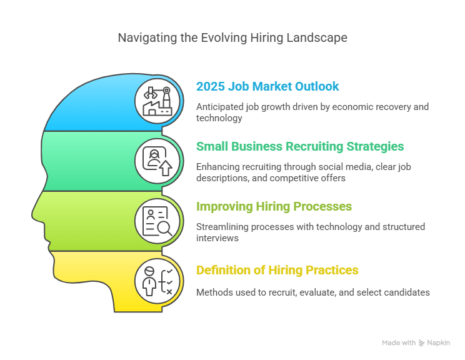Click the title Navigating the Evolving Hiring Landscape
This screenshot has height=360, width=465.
(232, 38)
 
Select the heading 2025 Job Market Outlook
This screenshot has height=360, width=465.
(267, 86)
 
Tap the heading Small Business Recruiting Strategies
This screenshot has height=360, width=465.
(300, 146)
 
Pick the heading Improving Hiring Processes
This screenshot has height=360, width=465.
(274, 206)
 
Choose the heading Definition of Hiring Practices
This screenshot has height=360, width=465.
(277, 270)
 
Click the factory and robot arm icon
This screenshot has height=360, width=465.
(157, 101)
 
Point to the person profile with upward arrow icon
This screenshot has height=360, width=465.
(157, 161)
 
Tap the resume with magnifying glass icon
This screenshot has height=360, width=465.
(157, 221)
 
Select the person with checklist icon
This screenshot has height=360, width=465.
(157, 281)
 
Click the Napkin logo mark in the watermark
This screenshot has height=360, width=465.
(421, 343)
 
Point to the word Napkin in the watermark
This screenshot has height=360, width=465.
(438, 342)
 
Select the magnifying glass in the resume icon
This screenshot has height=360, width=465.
(164, 229)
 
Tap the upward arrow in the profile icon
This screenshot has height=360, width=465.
(166, 169)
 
